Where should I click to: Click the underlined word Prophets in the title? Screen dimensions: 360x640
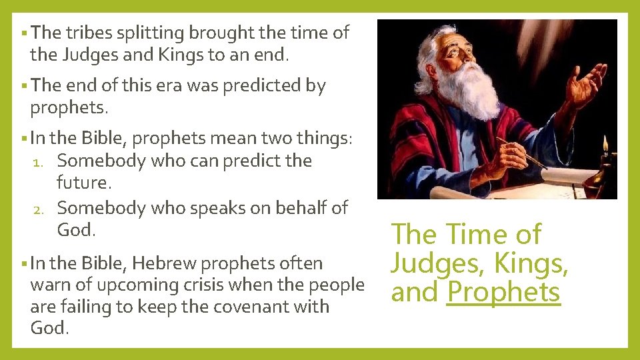click(x=503, y=292)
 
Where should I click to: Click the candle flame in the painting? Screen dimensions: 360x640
click(x=605, y=144)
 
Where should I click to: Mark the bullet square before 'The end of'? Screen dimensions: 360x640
click(x=23, y=85)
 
